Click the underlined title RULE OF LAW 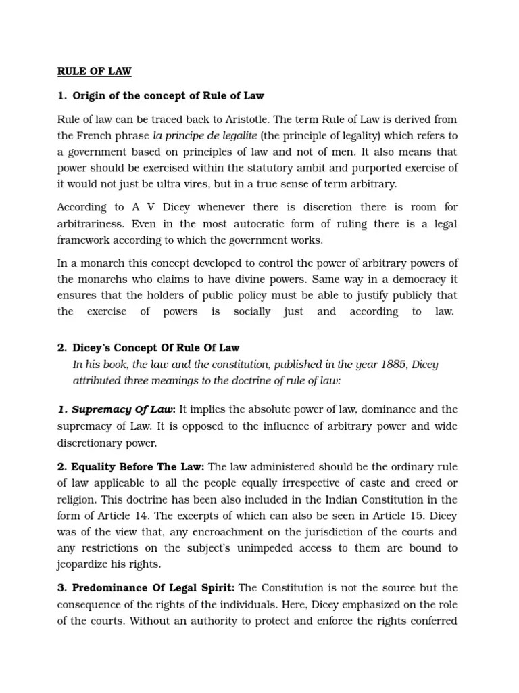coord(94,71)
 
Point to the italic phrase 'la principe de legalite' coord(205,136)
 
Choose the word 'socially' coord(251,311)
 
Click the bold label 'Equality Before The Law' coord(131,467)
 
